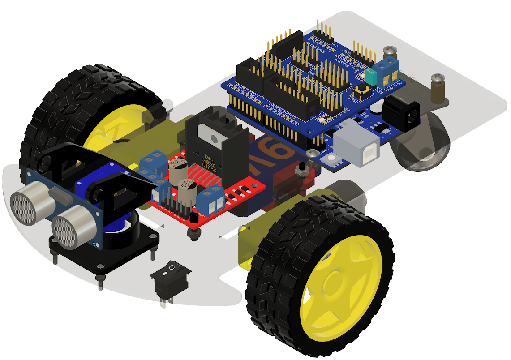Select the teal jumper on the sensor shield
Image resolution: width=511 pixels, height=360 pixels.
click(371, 77)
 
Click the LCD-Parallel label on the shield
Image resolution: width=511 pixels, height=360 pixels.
click(284, 113)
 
